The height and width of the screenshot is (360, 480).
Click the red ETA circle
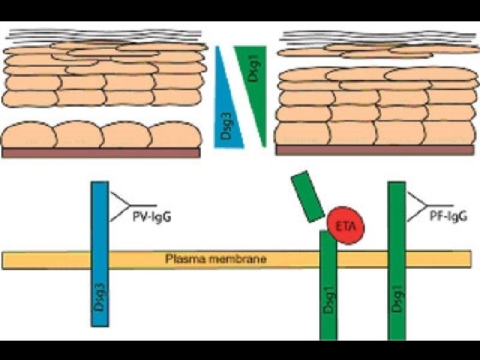point(346,225)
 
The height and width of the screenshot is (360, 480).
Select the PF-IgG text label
point(446,217)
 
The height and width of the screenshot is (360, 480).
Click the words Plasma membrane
point(215,259)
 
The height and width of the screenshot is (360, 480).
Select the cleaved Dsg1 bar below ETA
point(329,287)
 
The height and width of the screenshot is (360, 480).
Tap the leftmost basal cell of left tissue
point(28,135)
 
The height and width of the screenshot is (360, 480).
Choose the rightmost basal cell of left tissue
point(175,135)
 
